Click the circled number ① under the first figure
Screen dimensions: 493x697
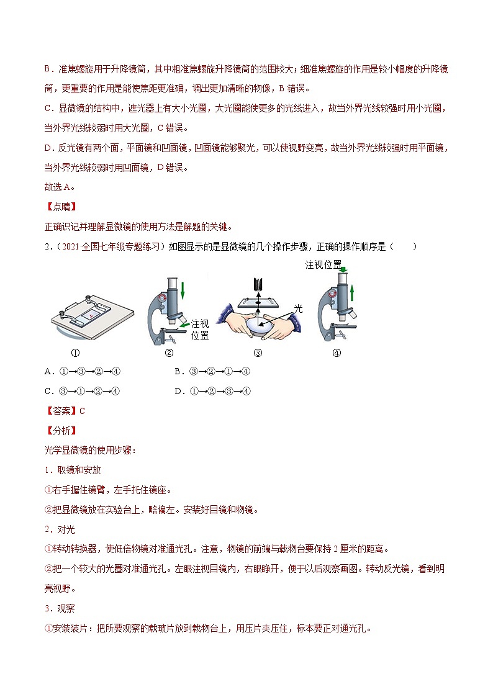click(x=76, y=353)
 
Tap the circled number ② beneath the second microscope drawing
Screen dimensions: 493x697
click(x=169, y=353)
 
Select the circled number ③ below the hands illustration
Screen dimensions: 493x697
click(x=258, y=353)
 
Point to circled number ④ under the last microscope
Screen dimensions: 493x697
click(x=337, y=353)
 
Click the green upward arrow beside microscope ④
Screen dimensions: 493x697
click(x=352, y=294)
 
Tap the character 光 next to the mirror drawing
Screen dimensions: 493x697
click(x=298, y=308)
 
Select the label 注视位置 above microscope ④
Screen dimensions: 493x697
click(x=323, y=265)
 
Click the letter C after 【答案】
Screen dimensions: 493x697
click(x=82, y=411)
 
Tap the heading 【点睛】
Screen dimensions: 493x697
click(x=62, y=207)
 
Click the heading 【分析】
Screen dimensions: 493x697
click(x=62, y=431)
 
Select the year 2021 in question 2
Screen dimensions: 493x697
click(x=71, y=246)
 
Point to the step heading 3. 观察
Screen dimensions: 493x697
click(x=60, y=608)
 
